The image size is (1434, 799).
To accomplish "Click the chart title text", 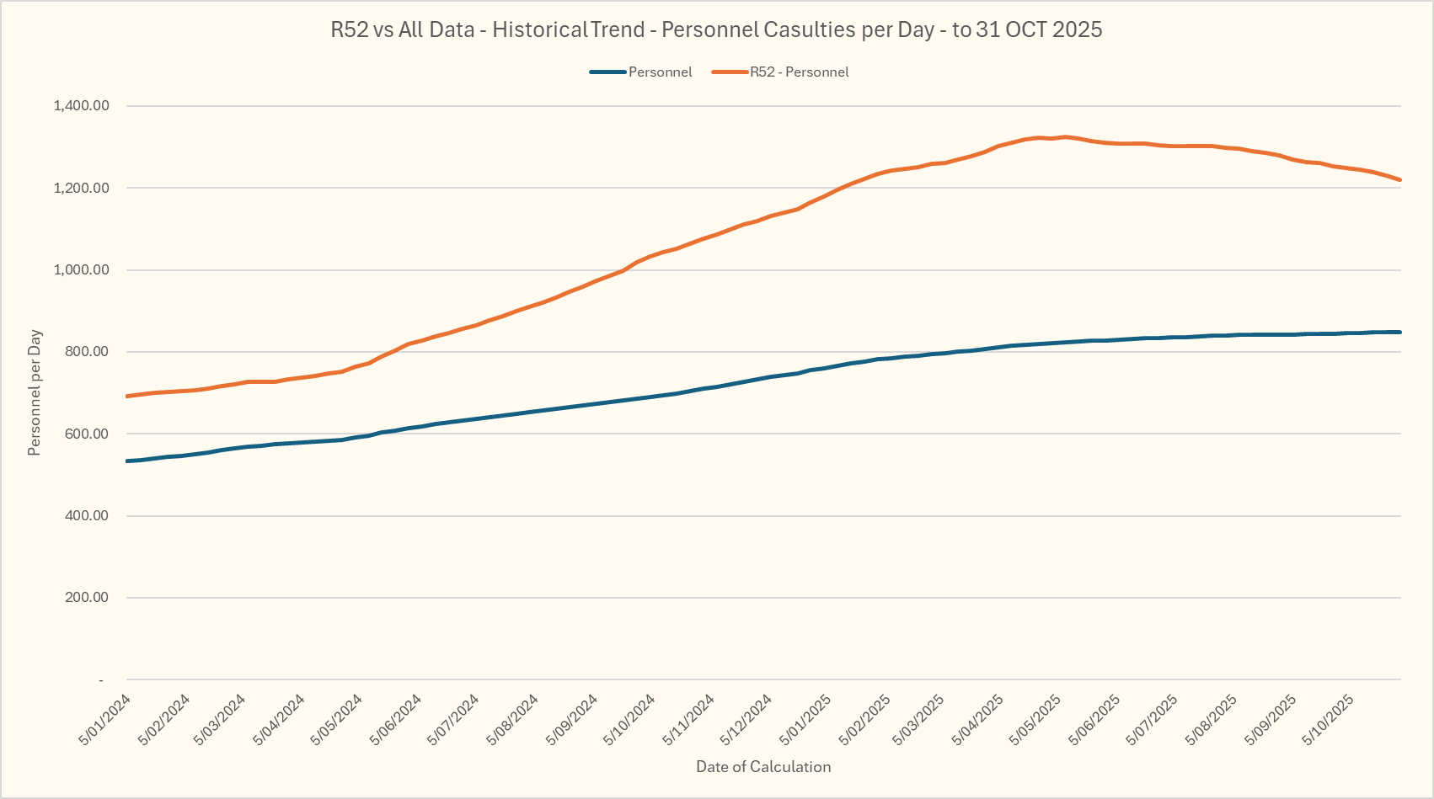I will tap(716, 29).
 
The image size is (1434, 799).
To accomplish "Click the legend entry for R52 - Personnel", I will tap(799, 72).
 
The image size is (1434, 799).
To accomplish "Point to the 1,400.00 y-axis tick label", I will tap(81, 106).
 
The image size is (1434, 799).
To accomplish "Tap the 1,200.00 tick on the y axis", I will tap(81, 188).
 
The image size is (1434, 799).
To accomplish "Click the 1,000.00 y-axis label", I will tap(81, 270).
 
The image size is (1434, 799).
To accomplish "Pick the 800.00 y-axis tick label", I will tap(87, 352).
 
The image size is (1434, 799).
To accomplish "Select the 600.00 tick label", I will tap(87, 434).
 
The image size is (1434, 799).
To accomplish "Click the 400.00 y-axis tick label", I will tap(87, 515).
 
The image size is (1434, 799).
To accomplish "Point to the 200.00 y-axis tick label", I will tap(87, 598).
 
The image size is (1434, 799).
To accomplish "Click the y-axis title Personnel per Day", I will tap(35, 393).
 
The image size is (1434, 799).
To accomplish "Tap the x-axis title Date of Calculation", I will tap(763, 767).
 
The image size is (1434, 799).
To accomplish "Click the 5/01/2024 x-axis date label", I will tap(105, 720).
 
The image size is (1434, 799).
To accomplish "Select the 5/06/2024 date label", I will tap(396, 720).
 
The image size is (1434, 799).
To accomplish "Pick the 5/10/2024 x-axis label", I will tap(629, 720).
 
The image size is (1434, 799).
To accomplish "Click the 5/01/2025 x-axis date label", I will tap(805, 720).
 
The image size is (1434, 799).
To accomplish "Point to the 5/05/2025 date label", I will tap(1036, 720).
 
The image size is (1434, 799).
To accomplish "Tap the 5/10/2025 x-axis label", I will tap(1328, 720).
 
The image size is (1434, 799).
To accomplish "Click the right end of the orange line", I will tap(1400, 180).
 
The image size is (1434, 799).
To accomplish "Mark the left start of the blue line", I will tap(126, 461).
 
